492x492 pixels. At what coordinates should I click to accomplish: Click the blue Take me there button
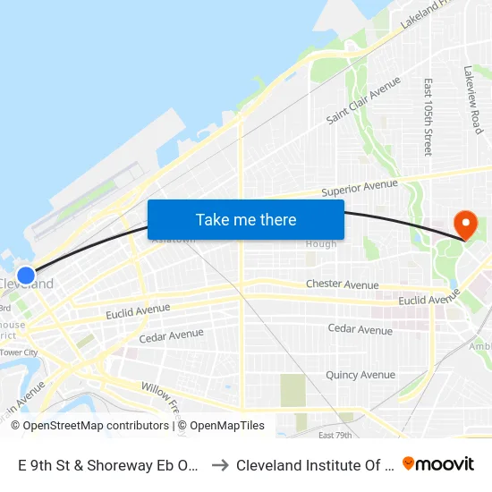click(246, 219)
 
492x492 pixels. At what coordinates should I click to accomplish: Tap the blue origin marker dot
click(26, 276)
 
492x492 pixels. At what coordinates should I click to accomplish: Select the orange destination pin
click(465, 224)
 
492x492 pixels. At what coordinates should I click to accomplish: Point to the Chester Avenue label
click(342, 284)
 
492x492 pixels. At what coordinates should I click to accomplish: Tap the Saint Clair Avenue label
click(363, 100)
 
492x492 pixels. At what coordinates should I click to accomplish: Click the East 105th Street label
click(428, 116)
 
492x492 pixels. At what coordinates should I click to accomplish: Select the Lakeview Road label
click(473, 99)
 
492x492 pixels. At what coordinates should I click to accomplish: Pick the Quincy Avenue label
click(360, 375)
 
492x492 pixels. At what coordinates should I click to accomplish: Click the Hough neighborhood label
click(322, 244)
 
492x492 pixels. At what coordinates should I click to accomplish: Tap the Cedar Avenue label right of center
click(360, 329)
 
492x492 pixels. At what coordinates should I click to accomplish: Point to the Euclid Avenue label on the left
click(137, 310)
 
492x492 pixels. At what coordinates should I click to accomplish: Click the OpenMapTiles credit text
click(226, 426)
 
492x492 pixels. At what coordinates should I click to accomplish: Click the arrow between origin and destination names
click(219, 464)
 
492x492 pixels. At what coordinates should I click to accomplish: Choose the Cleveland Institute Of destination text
click(313, 464)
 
